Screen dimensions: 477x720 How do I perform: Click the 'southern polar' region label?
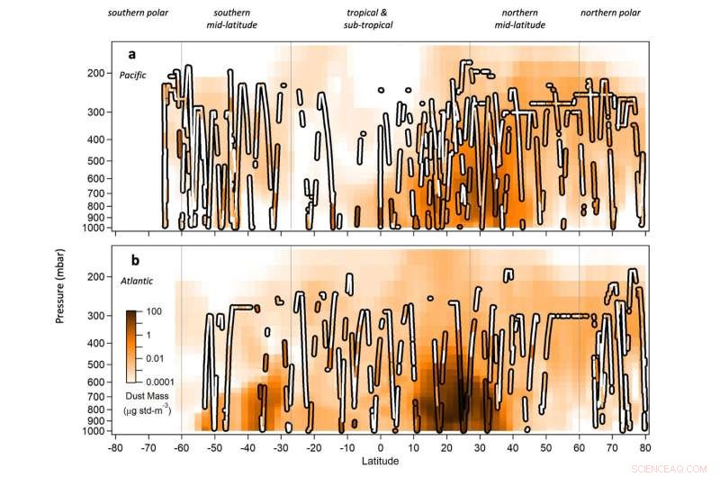(x=138, y=13)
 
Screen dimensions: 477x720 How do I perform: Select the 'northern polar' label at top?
(x=611, y=13)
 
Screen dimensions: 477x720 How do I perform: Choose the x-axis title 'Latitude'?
(x=382, y=463)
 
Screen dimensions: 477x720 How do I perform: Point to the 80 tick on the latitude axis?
(x=646, y=446)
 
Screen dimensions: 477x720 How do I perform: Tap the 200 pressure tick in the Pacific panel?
(x=96, y=74)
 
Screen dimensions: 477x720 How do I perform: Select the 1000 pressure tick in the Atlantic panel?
(x=94, y=430)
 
